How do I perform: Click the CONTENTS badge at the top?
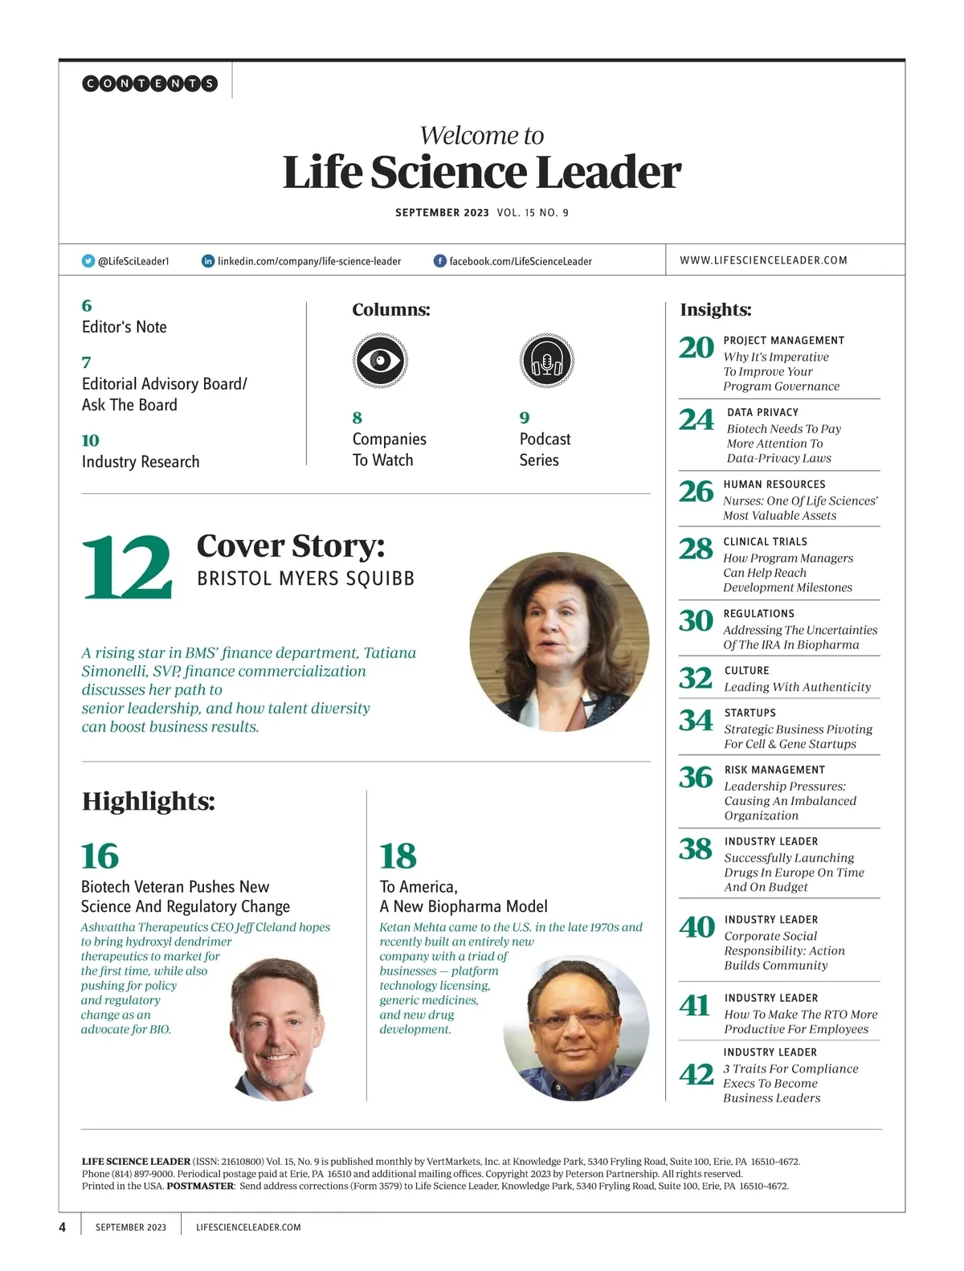(149, 83)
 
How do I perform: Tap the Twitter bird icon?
(88, 261)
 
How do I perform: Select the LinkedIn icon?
(208, 261)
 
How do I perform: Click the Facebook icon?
(439, 261)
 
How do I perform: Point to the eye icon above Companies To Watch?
(380, 361)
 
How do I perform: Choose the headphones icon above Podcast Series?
(547, 361)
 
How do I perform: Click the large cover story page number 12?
(127, 567)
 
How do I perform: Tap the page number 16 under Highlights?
(100, 856)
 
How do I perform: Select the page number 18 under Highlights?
(398, 856)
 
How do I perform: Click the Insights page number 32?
(696, 679)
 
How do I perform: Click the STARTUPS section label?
(750, 713)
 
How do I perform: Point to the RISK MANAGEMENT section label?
(774, 770)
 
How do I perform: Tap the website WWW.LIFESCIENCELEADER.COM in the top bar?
(763, 260)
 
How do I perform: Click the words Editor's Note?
(125, 327)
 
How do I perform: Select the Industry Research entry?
(141, 462)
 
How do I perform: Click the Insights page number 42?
(696, 1075)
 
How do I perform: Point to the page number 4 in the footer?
(63, 1227)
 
